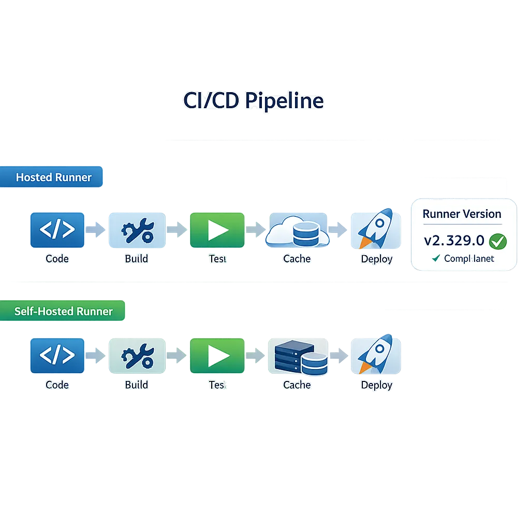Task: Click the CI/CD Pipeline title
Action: coord(253,100)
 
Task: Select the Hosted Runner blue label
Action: coord(53,177)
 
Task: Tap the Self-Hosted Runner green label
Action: coord(63,311)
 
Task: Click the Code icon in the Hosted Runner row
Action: coord(57,230)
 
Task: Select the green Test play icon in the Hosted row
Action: coord(217,230)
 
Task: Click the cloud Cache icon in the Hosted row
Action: coord(298,231)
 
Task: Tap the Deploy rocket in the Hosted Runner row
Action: coord(376,230)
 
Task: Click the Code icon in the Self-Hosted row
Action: coord(57,356)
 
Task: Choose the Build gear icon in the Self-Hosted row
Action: coord(137,356)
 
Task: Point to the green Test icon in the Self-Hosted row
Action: coord(217,356)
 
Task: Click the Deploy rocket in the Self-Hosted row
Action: coord(376,355)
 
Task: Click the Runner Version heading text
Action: coord(462,214)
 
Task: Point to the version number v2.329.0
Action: coord(454,241)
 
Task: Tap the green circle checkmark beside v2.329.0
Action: coord(497,241)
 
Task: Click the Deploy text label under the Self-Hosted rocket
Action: coord(376,385)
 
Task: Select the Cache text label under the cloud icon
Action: coord(297,259)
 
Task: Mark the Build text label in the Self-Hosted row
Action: coord(136,385)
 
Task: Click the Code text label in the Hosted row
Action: coord(57,259)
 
